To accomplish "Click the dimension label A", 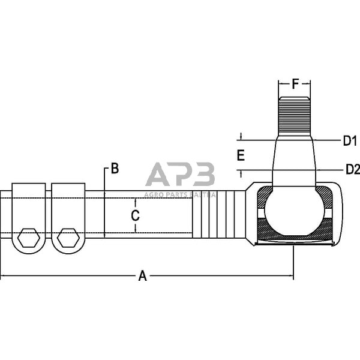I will pos(142,276).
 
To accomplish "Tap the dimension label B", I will pos(114,169).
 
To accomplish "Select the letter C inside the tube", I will pos(135,215).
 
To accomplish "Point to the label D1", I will pos(350,141).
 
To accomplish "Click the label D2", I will pos(352,169).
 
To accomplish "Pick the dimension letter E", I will pos(241,155).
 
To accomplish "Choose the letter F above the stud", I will pos(295,84).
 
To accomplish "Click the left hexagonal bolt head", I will pos(29,238).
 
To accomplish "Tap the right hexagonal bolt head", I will pos(67,238).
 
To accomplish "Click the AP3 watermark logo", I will pos(180,175).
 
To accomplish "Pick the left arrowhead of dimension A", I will pos(4,277).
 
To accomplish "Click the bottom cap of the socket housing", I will pos(294,242).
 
